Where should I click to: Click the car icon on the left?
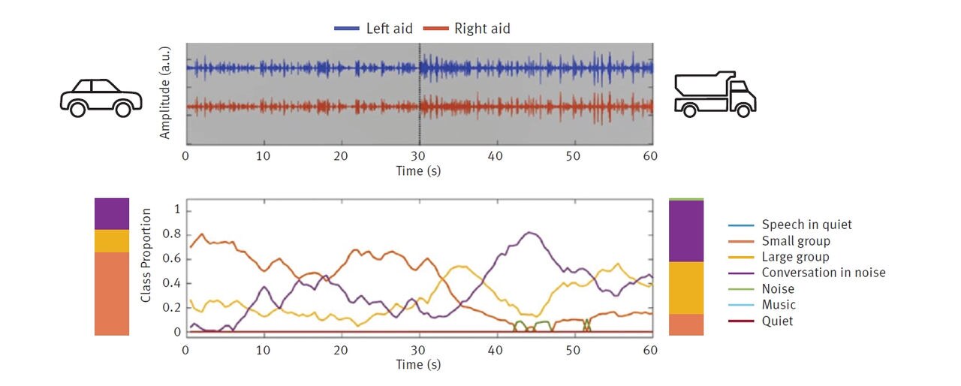(101, 98)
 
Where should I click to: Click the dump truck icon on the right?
(714, 95)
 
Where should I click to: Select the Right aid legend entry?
(468, 29)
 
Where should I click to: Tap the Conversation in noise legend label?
(823, 273)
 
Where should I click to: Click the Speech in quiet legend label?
(806, 225)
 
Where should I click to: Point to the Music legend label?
(778, 305)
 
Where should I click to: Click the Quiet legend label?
(777, 321)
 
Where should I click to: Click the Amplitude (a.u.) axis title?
(166, 93)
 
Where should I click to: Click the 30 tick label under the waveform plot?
(418, 156)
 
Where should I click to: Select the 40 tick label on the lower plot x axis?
(496, 350)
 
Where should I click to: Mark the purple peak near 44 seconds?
(530, 233)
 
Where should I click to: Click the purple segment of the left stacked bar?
(111, 213)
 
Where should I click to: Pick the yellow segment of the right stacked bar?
(686, 288)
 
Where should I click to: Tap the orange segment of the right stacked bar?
(686, 324)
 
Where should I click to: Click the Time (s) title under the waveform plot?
(418, 170)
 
